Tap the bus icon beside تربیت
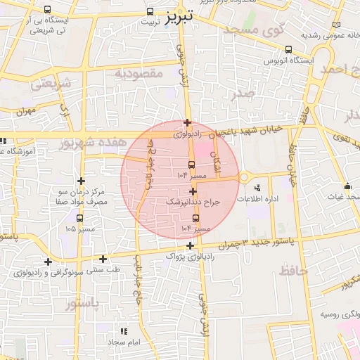(x=150, y=11)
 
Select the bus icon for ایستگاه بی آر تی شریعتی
(x=47, y=10)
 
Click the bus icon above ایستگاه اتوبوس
(x=289, y=49)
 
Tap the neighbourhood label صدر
(x=243, y=93)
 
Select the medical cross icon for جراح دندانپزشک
(x=193, y=191)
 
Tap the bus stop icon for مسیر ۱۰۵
(x=79, y=219)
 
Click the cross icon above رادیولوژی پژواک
(x=191, y=245)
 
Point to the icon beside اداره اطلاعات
(x=257, y=188)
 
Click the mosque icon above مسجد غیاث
(x=348, y=186)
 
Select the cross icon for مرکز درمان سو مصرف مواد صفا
(x=81, y=181)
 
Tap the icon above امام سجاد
(x=124, y=330)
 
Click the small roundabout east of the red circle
(x=244, y=177)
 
